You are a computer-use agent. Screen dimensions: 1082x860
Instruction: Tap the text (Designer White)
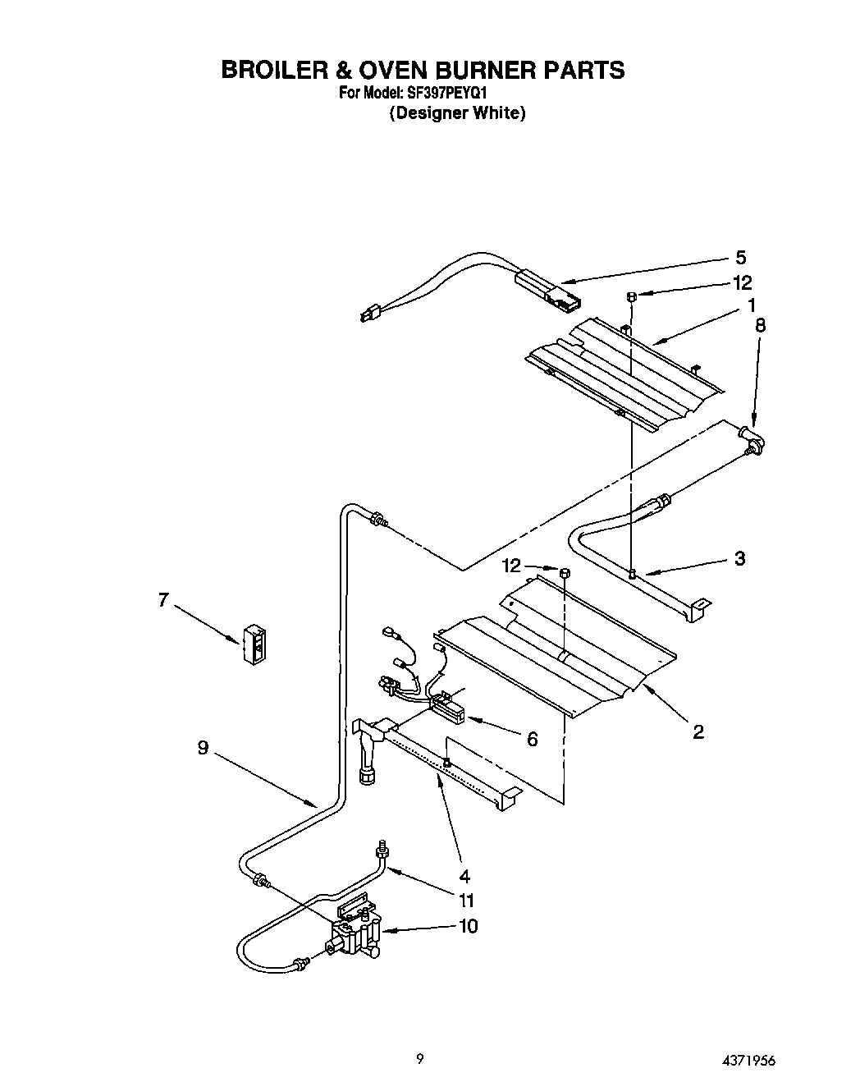[456, 113]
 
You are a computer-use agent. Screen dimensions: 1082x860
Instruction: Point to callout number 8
[760, 325]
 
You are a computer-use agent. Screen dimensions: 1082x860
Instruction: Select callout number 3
[739, 558]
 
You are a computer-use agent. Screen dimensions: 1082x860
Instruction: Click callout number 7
[163, 600]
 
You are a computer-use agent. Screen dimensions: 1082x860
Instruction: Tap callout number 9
[203, 748]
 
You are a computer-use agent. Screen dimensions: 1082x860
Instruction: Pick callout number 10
[468, 926]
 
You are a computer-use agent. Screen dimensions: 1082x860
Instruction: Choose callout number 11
[466, 900]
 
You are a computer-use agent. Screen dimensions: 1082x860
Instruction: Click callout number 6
[532, 740]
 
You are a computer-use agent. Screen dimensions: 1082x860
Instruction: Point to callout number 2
[698, 731]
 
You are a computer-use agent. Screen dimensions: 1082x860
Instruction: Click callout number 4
[464, 875]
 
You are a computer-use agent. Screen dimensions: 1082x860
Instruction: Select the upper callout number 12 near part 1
[741, 282]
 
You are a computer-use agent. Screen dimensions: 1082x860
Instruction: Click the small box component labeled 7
[254, 644]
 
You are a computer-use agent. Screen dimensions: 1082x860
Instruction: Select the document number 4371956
[747, 1060]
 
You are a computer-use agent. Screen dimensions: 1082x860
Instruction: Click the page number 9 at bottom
[419, 1060]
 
